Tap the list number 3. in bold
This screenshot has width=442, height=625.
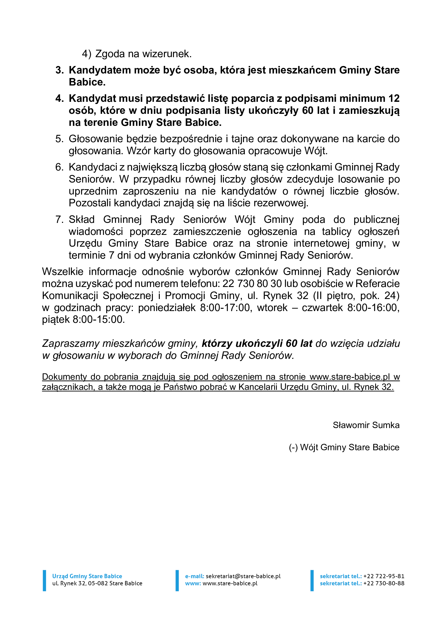[x=59, y=70]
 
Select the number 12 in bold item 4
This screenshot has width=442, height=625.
[x=394, y=99]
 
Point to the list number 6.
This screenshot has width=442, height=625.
[x=59, y=167]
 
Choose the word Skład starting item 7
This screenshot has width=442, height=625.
[x=82, y=219]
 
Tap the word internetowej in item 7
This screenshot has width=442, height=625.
[x=321, y=243]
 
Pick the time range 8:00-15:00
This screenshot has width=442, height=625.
[x=99, y=320]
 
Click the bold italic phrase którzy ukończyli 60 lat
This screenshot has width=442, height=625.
[x=257, y=344]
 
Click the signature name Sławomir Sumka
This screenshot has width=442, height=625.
[x=366, y=425]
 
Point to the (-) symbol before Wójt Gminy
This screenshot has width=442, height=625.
[x=293, y=448]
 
